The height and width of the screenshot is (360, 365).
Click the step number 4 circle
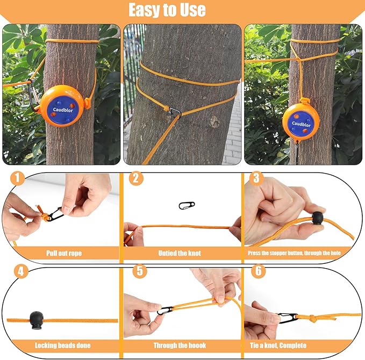[20, 271]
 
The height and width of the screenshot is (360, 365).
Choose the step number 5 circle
[139, 271]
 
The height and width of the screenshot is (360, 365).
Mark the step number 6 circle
[259, 271]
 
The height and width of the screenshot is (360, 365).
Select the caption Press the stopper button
[299, 253]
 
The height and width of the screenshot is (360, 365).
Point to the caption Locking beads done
[62, 345]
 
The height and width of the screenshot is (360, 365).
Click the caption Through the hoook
[181, 345]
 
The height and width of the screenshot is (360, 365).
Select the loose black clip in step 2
[186, 206]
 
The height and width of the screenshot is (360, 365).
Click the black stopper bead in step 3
[317, 219]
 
